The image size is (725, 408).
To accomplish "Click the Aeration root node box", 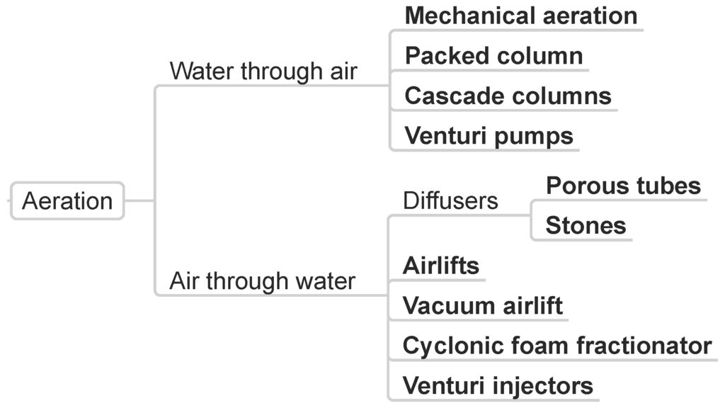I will (x=67, y=200).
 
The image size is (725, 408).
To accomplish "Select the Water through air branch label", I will (x=263, y=72).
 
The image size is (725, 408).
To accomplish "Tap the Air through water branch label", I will (x=262, y=281).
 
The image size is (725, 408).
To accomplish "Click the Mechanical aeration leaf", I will (x=520, y=16).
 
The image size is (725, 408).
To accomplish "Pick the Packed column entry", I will (x=493, y=56).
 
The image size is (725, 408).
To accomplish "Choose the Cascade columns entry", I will (x=508, y=96).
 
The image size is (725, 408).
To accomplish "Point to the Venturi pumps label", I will (x=489, y=135).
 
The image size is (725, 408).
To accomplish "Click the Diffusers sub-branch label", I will (x=450, y=200).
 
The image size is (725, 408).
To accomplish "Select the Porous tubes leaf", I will (x=623, y=186).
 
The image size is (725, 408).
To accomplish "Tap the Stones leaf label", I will (x=586, y=225).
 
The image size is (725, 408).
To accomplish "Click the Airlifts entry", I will (x=440, y=266).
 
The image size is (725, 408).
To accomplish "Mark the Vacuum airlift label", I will (x=482, y=305).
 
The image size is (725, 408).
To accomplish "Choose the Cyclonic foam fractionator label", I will (x=556, y=346).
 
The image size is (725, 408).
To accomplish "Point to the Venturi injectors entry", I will (x=498, y=386).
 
